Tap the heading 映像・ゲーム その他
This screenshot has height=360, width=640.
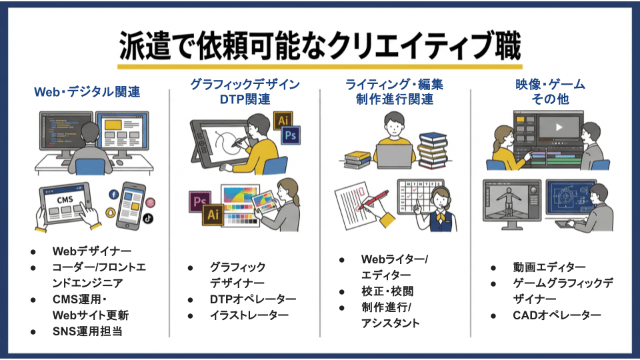pos(549,92)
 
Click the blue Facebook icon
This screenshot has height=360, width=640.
pos(113,195)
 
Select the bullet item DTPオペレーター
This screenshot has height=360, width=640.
pos(253,299)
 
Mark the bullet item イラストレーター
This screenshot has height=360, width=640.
pos(249,315)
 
